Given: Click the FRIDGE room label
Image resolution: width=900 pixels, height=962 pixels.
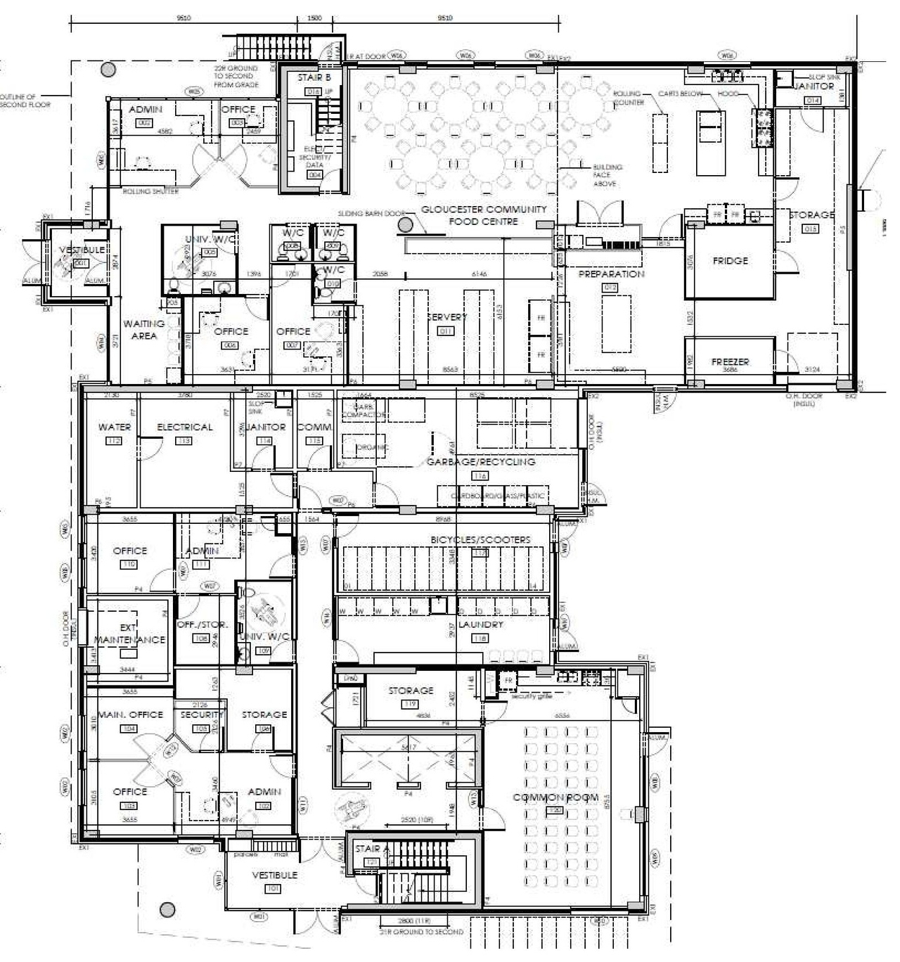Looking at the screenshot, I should tap(731, 261).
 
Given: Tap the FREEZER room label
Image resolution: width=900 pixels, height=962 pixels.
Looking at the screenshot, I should tap(731, 362).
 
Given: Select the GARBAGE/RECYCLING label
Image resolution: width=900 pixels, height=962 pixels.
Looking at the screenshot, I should tap(481, 462).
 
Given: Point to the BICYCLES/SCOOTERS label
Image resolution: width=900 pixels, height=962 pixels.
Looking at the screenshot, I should tap(481, 539).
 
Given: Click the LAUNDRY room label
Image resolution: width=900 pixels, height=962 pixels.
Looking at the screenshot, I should tap(481, 624).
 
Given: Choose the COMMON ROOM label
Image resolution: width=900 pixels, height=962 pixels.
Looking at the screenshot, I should tap(555, 797).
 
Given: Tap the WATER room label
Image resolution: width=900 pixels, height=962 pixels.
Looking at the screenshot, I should tap(115, 427).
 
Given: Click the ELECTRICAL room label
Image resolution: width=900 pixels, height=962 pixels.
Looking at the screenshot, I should tap(184, 427).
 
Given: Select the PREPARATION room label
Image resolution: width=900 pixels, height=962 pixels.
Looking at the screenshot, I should tap(611, 274).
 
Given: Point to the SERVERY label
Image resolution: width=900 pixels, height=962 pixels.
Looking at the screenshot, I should tap(447, 317).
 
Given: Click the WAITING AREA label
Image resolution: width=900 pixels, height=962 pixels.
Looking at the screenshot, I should tap(144, 330).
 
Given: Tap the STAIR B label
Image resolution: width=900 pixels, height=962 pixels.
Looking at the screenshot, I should tap(314, 78).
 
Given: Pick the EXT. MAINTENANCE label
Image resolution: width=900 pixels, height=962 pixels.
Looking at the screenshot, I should tap(130, 634).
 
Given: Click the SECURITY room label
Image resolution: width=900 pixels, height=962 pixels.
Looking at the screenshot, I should tap(201, 714).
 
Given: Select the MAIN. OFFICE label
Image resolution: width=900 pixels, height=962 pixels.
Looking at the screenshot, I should tap(130, 714).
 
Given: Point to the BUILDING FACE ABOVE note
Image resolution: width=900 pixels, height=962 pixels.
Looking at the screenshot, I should tap(605, 175).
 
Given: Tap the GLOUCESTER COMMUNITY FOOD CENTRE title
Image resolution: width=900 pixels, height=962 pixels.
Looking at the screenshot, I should tap(484, 215).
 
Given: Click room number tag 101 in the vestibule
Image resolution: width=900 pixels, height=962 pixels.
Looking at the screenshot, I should tap(273, 889).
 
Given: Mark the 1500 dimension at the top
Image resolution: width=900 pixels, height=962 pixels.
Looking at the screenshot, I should tap(314, 18).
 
